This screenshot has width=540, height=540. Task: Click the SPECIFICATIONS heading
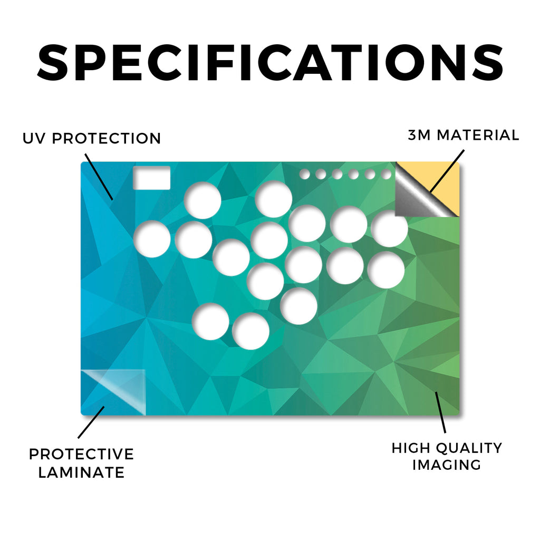[270, 63]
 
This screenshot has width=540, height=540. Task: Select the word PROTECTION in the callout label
[107, 139]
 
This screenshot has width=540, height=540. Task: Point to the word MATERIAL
[478, 135]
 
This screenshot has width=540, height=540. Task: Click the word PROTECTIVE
[81, 454]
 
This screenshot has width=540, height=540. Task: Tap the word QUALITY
[469, 448]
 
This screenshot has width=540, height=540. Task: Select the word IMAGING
[447, 465]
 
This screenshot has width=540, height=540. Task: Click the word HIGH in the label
[411, 448]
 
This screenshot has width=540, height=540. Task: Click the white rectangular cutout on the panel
[151, 178]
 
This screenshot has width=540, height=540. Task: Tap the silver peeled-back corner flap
[417, 200]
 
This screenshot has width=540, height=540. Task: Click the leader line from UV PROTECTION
[99, 177]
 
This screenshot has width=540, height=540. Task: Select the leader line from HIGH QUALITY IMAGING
[440, 412]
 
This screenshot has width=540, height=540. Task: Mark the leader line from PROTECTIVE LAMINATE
[91, 422]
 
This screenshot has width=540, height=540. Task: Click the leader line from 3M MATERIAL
[447, 171]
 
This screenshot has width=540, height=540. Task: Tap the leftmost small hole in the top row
[304, 174]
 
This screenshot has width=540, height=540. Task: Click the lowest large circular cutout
[250, 331]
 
